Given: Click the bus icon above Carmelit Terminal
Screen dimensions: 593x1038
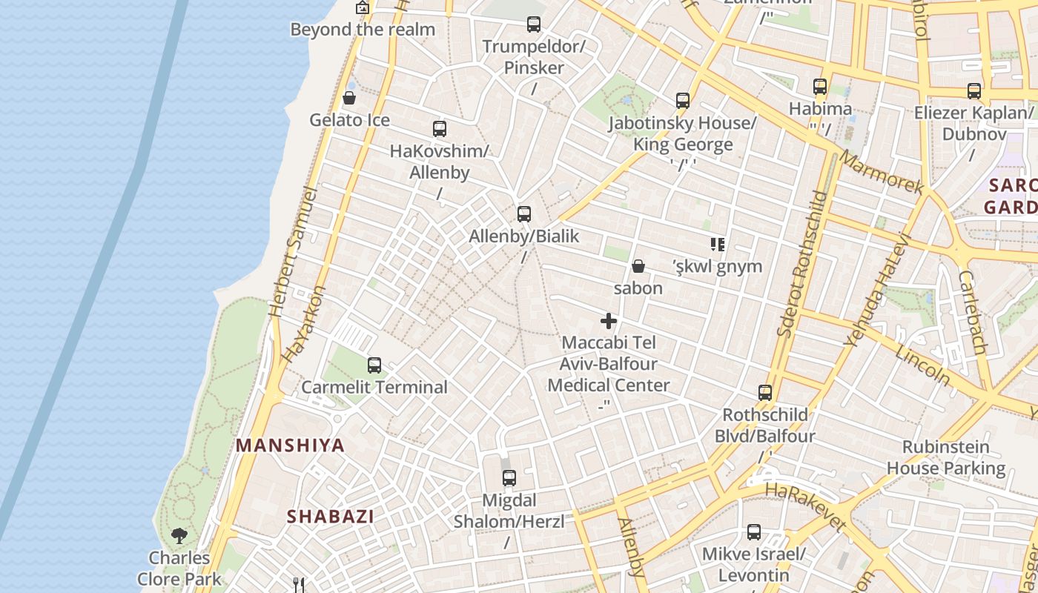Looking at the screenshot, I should (x=374, y=365).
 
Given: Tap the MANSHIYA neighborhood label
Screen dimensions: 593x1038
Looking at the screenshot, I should (x=291, y=445).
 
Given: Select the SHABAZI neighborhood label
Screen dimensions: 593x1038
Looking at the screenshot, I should (x=331, y=517).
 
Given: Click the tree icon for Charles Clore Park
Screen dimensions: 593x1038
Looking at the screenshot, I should (x=179, y=535).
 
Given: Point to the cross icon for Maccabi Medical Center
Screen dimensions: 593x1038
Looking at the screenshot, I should (x=609, y=321).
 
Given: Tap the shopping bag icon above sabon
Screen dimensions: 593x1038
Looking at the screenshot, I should (x=638, y=266).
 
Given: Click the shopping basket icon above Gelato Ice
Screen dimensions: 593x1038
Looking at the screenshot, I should (x=349, y=98).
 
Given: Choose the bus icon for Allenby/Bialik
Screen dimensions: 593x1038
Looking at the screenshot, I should (x=524, y=214).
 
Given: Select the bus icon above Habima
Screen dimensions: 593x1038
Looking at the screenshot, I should (x=820, y=87).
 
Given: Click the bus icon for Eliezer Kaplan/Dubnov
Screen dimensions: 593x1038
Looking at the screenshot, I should (x=974, y=91).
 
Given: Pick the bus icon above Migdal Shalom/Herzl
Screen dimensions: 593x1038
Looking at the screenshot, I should (x=509, y=478).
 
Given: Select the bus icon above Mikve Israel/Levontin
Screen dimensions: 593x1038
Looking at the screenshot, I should (x=754, y=531).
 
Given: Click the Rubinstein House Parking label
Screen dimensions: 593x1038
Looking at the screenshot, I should (x=946, y=457).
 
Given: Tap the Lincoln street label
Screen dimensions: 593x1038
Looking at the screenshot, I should (x=922, y=364).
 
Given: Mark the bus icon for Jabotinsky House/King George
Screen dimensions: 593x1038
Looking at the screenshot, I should (x=683, y=101).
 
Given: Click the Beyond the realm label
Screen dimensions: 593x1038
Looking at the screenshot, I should (x=363, y=30).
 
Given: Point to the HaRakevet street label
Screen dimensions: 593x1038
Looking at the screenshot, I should (x=805, y=507).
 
